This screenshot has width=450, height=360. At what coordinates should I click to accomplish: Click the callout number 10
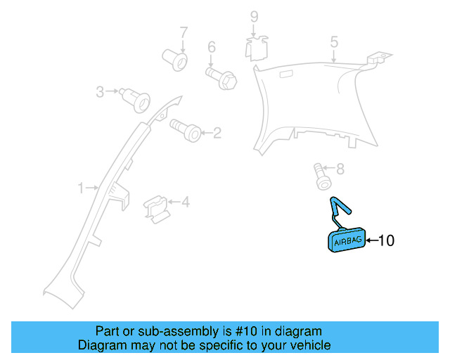coord(387,240)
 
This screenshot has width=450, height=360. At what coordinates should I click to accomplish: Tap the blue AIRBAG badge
coord(347,240)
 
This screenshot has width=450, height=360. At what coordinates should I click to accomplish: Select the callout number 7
coord(184,32)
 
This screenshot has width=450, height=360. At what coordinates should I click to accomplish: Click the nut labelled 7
coord(175,60)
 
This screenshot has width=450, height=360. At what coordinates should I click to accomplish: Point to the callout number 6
coord(212,47)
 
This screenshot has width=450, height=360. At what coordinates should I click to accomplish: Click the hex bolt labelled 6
coord(221,78)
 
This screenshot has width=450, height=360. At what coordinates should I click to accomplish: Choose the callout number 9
coord(255,17)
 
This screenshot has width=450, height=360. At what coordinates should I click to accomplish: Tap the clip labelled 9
coord(256,49)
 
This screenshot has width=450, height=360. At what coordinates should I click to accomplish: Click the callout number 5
coord(334,42)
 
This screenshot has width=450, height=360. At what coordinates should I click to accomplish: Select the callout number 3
coord(100,92)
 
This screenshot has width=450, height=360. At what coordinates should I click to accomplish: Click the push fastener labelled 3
coord(135,100)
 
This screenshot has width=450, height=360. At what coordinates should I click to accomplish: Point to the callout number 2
coord(217,133)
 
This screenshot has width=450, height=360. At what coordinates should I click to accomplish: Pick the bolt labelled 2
coord(186,131)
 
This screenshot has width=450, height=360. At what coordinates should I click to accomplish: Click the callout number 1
coord(82,188)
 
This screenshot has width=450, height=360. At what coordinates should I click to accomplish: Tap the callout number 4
coord(186,202)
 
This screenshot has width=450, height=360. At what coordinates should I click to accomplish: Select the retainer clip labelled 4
coord(155,210)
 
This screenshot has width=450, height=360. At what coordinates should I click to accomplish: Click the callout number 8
coord(340,169)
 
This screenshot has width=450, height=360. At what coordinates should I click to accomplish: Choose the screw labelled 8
coord(322,176)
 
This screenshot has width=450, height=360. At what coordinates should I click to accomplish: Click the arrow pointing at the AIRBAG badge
coord(372,240)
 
